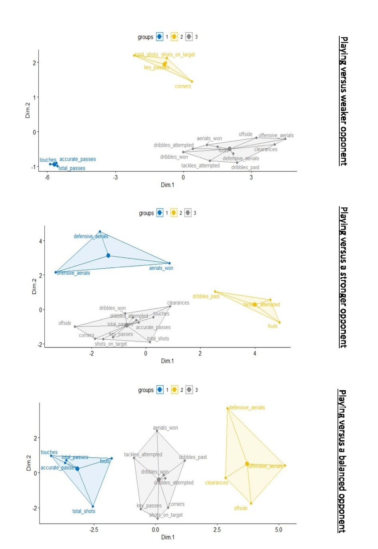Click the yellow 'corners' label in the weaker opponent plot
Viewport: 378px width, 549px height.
tap(183, 86)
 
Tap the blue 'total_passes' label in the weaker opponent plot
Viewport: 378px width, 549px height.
tap(72, 168)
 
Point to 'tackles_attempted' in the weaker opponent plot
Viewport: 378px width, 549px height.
tap(200, 166)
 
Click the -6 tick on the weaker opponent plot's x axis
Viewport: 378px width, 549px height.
tap(47, 178)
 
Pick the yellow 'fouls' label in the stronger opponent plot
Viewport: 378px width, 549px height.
tap(273, 326)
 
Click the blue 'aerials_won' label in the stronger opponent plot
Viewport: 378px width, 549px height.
tap(161, 268)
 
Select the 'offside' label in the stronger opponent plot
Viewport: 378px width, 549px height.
tap(65, 323)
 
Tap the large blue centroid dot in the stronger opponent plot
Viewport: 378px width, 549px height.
tap(108, 255)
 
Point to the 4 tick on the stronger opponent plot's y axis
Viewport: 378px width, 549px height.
tap(40, 241)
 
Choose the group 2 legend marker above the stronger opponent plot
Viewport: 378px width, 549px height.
tap(174, 213)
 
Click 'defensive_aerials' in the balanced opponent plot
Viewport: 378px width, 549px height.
tap(247, 407)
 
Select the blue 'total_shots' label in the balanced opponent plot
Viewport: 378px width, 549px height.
tap(84, 511)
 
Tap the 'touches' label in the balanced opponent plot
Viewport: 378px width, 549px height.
tap(49, 452)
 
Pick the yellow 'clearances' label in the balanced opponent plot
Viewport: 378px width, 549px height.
tap(217, 483)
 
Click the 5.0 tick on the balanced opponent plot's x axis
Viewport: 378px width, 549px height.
tap(279, 530)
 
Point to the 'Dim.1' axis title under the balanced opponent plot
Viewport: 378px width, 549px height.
tap(168, 537)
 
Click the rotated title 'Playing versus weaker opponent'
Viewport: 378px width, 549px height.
tap(343, 101)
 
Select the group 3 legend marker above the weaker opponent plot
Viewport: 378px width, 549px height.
tap(189, 37)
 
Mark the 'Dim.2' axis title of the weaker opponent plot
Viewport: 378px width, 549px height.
tap(28, 111)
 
